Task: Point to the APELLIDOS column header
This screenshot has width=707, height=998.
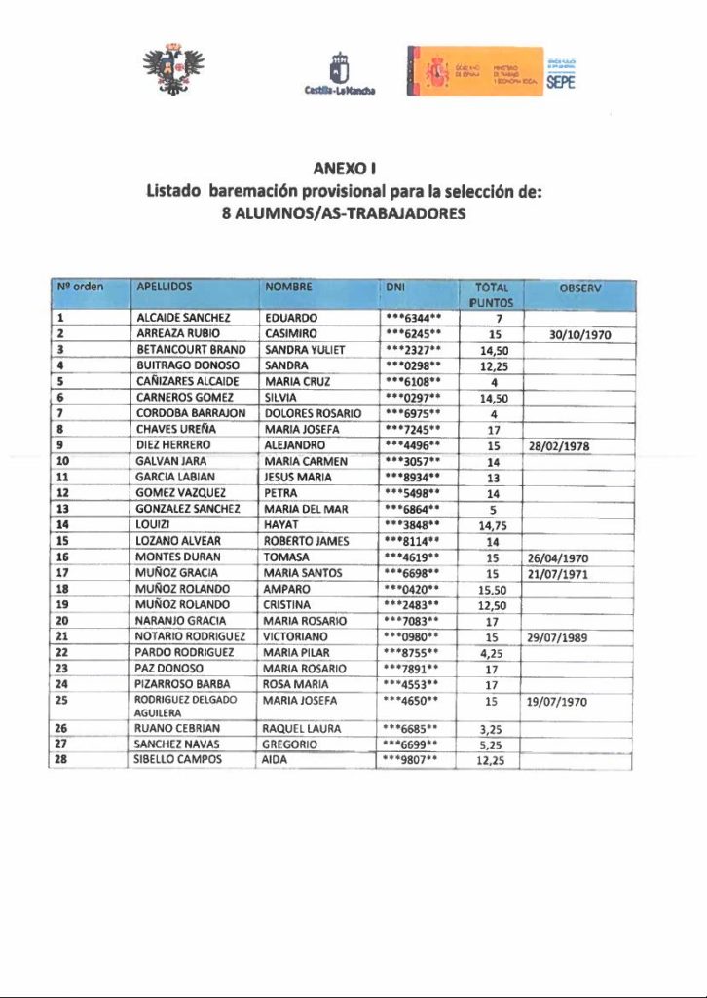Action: click(x=165, y=288)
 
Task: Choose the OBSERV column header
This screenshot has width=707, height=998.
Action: click(x=580, y=288)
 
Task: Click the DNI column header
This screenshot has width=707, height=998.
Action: click(x=395, y=288)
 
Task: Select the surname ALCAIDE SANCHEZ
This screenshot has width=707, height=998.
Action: click(x=183, y=318)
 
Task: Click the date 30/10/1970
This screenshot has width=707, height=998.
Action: click(x=579, y=334)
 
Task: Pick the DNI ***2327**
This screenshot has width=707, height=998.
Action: click(x=414, y=350)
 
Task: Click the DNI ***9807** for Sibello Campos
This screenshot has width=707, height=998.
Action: click(x=414, y=759)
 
